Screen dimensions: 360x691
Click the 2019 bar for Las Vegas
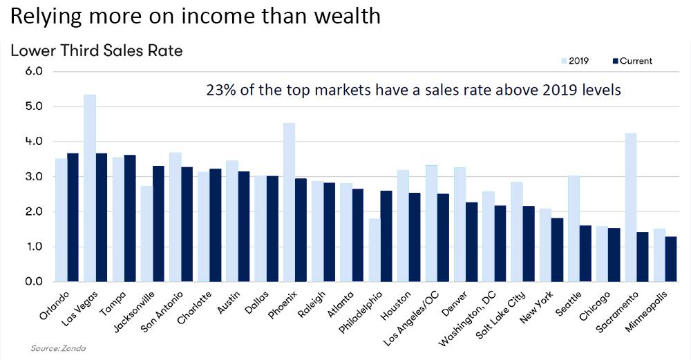(90, 188)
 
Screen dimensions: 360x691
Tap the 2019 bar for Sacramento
(630, 207)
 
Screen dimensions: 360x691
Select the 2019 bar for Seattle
(574, 229)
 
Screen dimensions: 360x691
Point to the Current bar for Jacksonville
(158, 224)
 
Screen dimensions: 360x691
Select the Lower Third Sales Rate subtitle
(96, 51)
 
